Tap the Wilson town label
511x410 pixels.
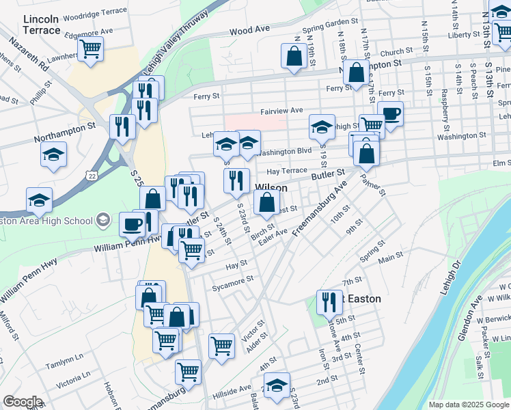point(271,188)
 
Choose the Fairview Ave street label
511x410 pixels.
point(281,111)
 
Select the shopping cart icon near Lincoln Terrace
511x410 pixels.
point(90,50)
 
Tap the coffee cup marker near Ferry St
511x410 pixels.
point(390,115)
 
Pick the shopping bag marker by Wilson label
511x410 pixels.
point(267,202)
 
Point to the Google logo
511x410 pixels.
point(23,402)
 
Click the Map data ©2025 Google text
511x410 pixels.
point(468,405)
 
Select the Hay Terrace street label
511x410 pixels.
point(287,171)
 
